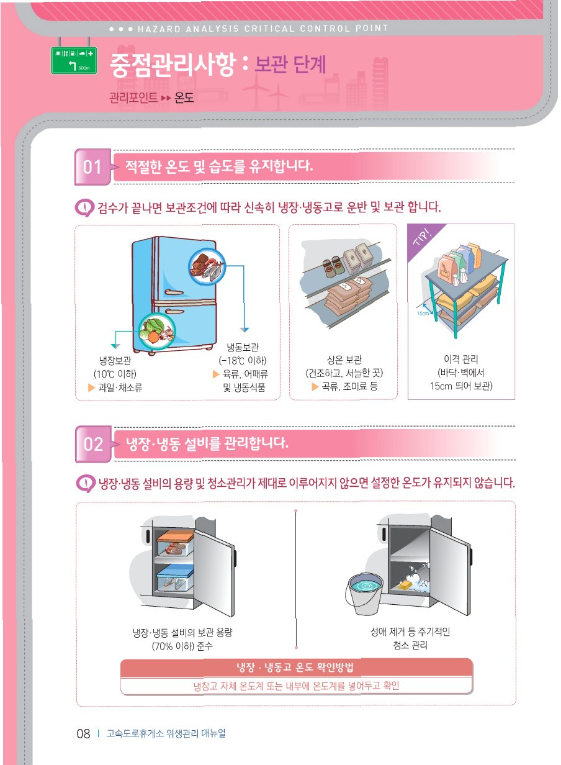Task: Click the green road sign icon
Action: [x=74, y=60]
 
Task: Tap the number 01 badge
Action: [x=92, y=167]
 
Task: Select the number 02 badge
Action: [x=93, y=444]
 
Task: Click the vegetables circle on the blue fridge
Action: [x=157, y=331]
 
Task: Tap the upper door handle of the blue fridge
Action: [x=174, y=292]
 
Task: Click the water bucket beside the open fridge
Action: [x=365, y=593]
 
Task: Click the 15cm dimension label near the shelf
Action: [x=423, y=313]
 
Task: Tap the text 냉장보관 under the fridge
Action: [x=115, y=361]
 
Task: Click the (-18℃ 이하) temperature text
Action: [x=243, y=361]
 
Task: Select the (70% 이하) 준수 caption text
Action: [x=182, y=646]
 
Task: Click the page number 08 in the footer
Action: [x=83, y=733]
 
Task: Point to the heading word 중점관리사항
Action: [x=173, y=65]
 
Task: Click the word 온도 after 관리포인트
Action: [x=184, y=98]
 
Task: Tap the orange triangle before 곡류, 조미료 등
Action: [x=315, y=387]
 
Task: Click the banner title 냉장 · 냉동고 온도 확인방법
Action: [x=295, y=667]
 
